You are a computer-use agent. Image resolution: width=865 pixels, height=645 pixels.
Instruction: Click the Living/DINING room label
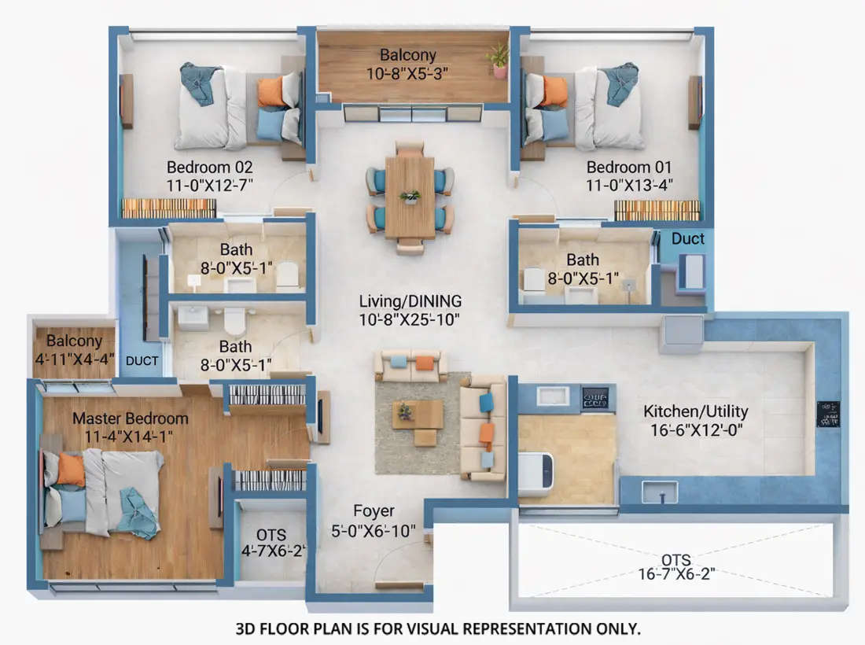click(x=410, y=301)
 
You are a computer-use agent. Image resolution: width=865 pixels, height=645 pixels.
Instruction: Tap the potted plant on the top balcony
click(x=499, y=60)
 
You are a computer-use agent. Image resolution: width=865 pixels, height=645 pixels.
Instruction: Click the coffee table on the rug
click(x=417, y=415)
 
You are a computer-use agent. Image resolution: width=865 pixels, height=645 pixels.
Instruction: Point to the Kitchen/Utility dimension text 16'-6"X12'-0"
click(x=696, y=429)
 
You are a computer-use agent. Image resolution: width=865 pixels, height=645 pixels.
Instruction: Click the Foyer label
click(x=374, y=511)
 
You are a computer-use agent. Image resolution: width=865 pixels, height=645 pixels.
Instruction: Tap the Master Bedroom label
click(x=131, y=418)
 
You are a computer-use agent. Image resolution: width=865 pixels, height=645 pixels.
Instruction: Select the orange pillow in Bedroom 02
click(x=271, y=91)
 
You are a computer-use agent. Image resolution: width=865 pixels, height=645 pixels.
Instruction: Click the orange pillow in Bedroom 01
click(x=554, y=91)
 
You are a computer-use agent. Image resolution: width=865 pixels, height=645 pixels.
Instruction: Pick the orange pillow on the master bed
click(x=71, y=470)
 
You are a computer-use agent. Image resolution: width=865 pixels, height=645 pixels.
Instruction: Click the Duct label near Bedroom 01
click(x=688, y=238)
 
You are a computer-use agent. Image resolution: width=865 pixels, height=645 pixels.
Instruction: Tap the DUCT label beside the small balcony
click(x=142, y=361)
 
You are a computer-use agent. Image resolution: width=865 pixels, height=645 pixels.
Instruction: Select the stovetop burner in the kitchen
click(x=594, y=398)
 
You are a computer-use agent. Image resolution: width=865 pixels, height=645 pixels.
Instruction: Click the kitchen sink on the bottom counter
click(x=658, y=492)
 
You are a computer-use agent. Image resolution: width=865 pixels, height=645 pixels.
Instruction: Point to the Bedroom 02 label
click(x=209, y=168)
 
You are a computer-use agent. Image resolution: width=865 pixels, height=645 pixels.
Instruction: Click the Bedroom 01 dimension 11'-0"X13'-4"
click(x=630, y=186)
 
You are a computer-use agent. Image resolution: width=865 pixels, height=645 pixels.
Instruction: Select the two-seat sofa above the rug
click(x=411, y=366)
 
